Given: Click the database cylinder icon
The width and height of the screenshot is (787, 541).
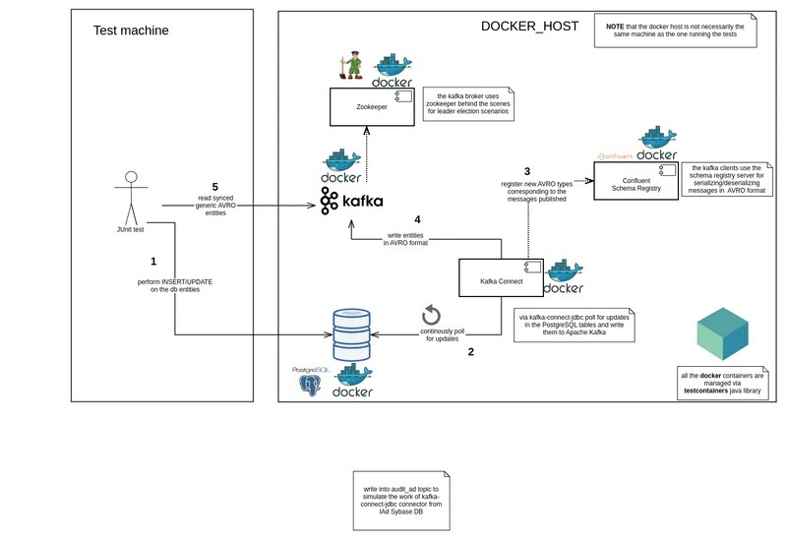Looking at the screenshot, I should tap(354, 335).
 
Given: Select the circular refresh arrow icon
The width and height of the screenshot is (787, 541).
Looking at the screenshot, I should tap(431, 315).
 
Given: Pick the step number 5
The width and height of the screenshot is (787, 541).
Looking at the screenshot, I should tap(214, 186).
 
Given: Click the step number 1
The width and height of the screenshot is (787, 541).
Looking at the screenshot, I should tap(153, 262).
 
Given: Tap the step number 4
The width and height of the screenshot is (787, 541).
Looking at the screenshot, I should tap(417, 219).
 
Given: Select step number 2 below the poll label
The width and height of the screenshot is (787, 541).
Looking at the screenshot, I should tap(471, 351).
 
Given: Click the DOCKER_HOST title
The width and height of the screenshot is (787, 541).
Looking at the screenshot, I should tap(529, 27).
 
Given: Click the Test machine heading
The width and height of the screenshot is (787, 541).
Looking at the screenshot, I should tap(131, 30).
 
